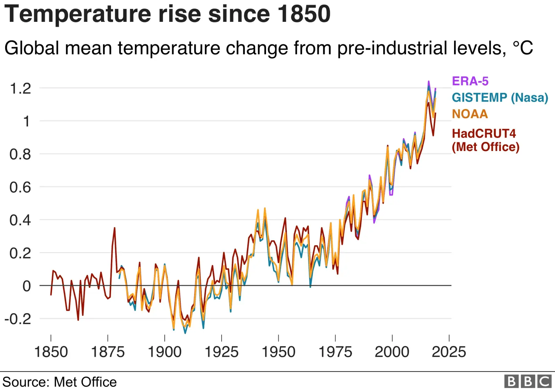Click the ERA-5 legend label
pyautogui.click(x=470, y=81)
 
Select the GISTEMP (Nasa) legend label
pyautogui.click(x=500, y=98)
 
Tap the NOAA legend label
pyautogui.click(x=470, y=114)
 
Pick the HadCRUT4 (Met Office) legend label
pyautogui.click(x=485, y=140)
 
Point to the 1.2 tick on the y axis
pyautogui.click(x=20, y=89)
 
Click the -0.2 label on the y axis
pyautogui.click(x=18, y=319)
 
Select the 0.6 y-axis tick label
pyautogui.click(x=20, y=187)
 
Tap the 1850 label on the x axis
pyautogui.click(x=51, y=352)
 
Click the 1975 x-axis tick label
pyautogui.click(x=335, y=352)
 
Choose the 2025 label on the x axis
pyautogui.click(x=449, y=352)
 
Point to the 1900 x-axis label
pyautogui.click(x=164, y=352)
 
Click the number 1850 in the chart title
pyautogui.click(x=304, y=14)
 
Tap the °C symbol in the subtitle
pyautogui.click(x=522, y=48)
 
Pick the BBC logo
pyautogui.click(x=528, y=381)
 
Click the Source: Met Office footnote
pyautogui.click(x=60, y=382)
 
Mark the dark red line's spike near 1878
pyautogui.click(x=114, y=228)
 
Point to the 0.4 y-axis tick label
pyautogui.click(x=20, y=220)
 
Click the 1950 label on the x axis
pyautogui.click(x=278, y=352)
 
